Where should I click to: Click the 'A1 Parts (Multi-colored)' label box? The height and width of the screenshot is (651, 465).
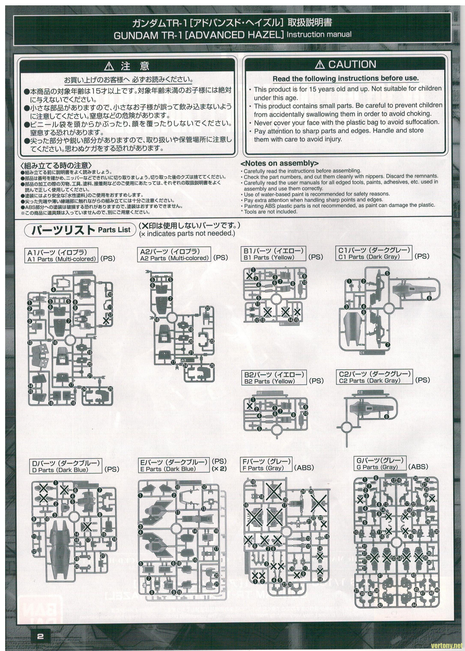coord(61,256)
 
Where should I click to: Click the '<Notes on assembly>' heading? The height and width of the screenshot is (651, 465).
coord(280,163)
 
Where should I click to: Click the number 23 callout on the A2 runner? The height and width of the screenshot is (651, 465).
coord(212,341)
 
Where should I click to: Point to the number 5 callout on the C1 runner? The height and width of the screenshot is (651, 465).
coord(387,273)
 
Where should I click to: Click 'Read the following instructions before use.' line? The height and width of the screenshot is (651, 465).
coord(345,78)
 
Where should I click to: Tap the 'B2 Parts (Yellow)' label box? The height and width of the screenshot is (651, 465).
coord(274,378)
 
